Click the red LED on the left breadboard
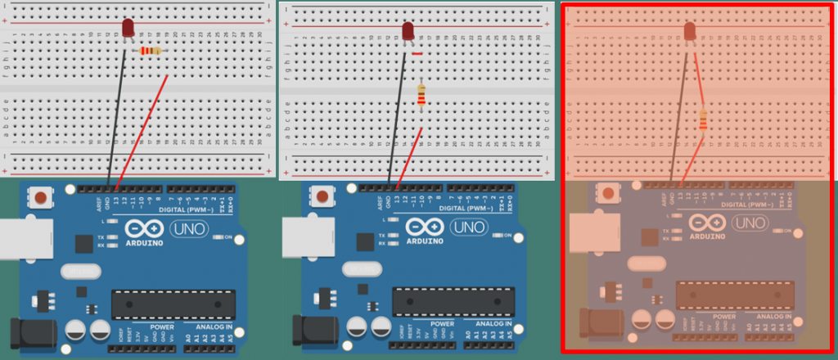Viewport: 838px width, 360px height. coord(128,28)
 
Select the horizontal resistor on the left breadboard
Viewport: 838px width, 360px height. coord(150,52)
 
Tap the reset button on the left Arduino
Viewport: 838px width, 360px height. coord(38,197)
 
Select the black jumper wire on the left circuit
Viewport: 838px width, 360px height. coord(118,115)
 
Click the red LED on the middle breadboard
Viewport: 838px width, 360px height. coord(408,31)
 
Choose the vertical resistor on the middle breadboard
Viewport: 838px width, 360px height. coord(421,95)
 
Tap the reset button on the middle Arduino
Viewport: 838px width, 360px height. coord(322,197)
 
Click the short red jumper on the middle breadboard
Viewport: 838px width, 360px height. coord(417,55)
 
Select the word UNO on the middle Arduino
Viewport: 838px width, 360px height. coord(468,227)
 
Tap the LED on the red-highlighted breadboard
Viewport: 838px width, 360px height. coord(689,31)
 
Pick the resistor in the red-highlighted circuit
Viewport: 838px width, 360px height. coord(703,120)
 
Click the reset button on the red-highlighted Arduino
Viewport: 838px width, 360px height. coord(606,194)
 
